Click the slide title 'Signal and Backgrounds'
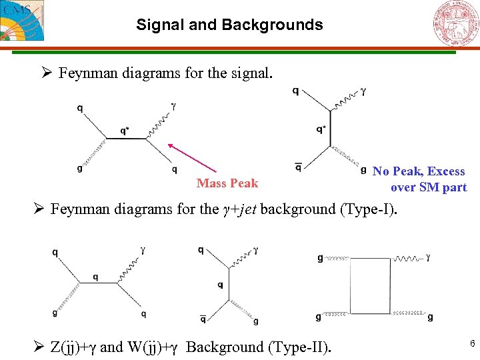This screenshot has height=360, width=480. (x=229, y=25)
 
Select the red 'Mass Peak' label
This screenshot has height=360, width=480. (x=227, y=183)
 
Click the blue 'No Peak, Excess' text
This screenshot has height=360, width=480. (x=419, y=171)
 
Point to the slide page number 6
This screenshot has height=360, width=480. (x=472, y=343)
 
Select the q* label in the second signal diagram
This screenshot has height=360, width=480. (x=321, y=129)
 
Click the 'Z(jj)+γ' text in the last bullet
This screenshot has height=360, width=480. (x=73, y=347)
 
